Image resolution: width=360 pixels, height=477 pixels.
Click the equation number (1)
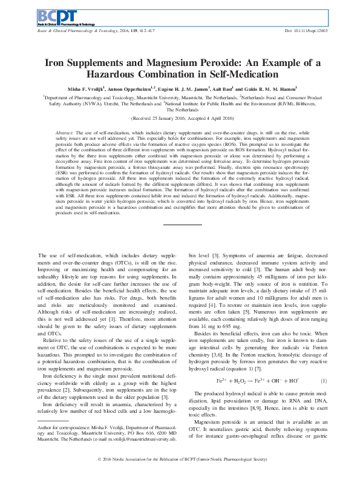pos(323,380)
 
